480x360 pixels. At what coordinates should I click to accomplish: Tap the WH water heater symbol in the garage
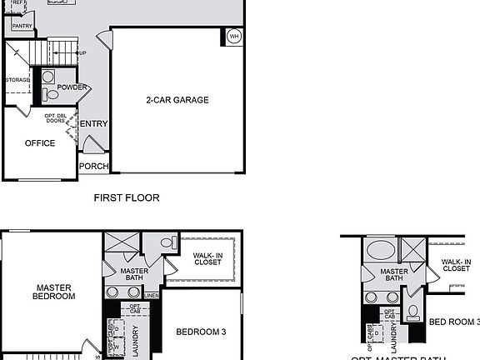(233, 37)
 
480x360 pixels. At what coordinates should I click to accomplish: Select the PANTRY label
(22, 27)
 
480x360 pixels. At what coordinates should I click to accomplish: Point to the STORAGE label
(17, 80)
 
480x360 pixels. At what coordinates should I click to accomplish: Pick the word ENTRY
(93, 124)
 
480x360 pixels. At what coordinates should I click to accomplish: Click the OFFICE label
(40, 143)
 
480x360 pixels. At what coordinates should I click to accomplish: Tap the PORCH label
(93, 166)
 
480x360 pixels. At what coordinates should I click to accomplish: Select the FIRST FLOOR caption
(127, 198)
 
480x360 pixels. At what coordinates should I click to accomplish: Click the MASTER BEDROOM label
(53, 292)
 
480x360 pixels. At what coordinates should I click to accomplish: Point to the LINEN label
(151, 296)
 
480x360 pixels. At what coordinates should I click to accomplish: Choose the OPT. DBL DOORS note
(56, 118)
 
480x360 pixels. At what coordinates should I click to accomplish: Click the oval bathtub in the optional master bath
(382, 250)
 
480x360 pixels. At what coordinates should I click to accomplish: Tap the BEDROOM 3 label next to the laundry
(201, 332)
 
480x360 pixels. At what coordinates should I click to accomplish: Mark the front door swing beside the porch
(93, 145)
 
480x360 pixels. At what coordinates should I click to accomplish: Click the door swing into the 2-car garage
(103, 38)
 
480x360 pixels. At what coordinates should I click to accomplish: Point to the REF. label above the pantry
(17, 3)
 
